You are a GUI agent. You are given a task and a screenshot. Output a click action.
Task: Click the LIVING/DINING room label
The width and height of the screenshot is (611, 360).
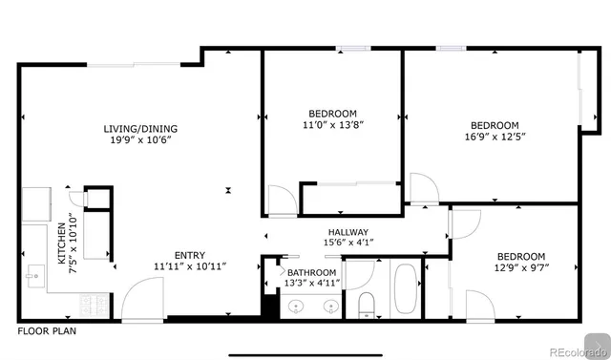click(x=141, y=129)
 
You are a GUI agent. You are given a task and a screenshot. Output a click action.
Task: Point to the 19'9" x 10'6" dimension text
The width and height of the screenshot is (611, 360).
click(x=141, y=140)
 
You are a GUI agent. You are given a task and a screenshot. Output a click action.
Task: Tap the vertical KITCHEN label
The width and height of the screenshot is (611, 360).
click(x=61, y=244)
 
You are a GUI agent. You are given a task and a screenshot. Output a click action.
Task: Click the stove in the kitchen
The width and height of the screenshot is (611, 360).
click(x=96, y=306)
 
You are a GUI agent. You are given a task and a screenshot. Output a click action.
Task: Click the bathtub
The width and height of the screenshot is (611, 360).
click(x=404, y=286)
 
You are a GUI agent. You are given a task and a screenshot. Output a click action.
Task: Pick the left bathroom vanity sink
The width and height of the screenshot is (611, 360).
click(x=297, y=307)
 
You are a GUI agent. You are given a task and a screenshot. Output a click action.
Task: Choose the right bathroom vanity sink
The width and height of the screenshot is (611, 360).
click(x=330, y=307)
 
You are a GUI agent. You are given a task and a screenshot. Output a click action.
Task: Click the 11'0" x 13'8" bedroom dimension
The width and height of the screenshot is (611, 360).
click(x=332, y=124)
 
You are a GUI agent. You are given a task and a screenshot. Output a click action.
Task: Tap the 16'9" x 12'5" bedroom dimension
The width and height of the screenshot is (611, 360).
click(x=495, y=137)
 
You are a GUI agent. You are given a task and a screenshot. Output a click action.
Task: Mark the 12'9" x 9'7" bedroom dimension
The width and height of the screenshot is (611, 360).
click(x=520, y=268)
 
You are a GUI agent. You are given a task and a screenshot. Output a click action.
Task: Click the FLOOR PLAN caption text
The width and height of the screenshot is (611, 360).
click(x=47, y=331)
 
